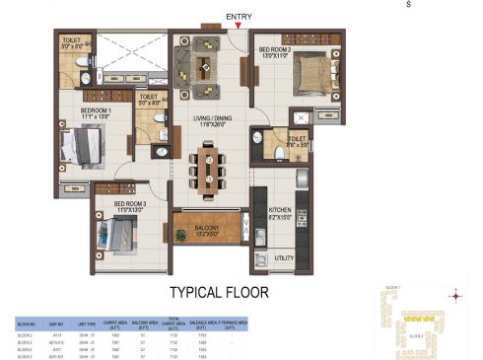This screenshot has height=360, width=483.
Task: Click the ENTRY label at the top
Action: click(239, 17)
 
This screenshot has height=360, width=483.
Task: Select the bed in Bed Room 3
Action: click(123, 238)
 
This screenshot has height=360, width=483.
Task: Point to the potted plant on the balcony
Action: click(179, 235)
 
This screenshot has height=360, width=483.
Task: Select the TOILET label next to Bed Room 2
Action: click(298, 139)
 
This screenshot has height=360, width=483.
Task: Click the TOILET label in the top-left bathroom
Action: click(73, 42)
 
